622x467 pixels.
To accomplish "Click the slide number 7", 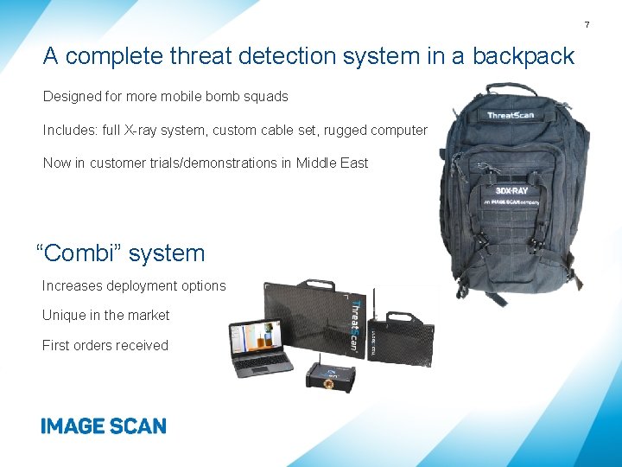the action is (x=610, y=24).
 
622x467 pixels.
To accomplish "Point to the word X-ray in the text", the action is (x=141, y=130).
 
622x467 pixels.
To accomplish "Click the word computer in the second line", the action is (x=397, y=130).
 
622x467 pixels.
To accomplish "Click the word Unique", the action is (x=62, y=316).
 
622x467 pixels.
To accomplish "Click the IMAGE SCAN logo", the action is (x=103, y=425).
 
